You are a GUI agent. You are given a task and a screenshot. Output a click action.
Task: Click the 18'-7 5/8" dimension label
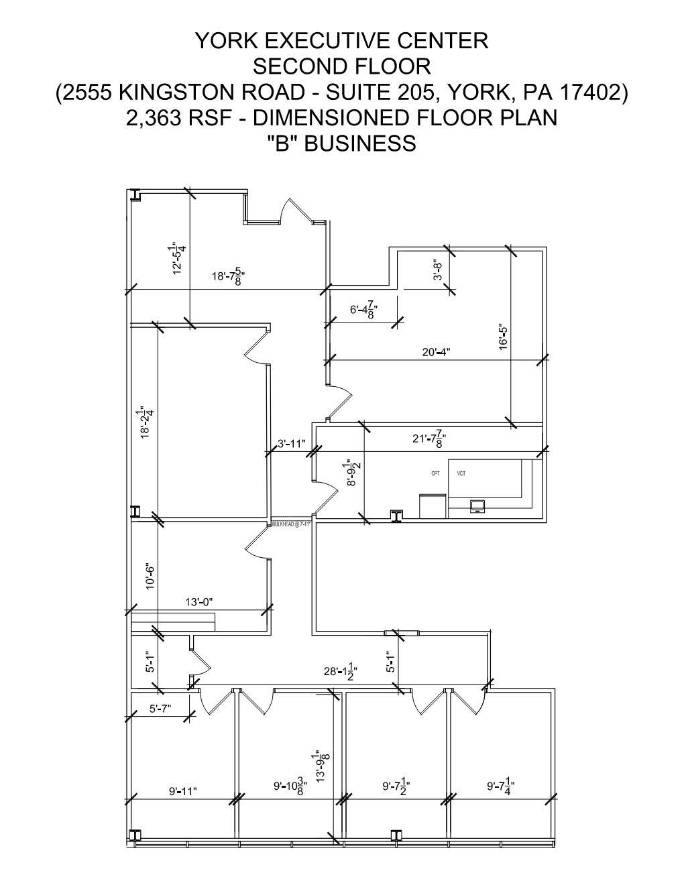pos(228,276)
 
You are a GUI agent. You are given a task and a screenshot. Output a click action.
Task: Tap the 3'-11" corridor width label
pos(292,444)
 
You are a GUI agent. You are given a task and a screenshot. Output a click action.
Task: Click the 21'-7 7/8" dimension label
pos(429,439)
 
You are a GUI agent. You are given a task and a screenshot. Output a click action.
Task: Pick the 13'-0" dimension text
pos(198,602)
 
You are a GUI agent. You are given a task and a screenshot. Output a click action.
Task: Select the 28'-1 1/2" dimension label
pos(341,671)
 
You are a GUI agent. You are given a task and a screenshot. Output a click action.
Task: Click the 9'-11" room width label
pos(183,791)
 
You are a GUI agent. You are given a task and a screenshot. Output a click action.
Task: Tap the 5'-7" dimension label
pos(162,709)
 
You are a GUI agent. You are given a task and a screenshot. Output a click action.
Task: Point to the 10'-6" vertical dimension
pos(151,577)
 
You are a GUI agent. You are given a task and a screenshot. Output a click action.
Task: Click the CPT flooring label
pos(435,474)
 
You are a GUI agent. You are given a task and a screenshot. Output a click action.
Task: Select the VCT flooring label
pos(461,474)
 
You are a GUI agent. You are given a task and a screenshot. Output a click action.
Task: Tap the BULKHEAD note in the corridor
pos(292,524)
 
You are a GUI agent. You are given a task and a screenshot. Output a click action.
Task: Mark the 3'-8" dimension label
pos(438,271)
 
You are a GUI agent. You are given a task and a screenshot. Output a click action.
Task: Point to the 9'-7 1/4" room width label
pos(500,785)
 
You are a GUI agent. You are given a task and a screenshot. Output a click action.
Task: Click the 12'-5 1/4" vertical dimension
pos(178,258)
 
